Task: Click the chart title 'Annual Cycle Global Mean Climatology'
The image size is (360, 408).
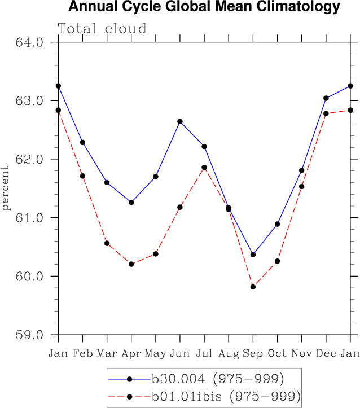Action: [204, 7]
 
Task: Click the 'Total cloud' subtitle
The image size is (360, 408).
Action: [102, 29]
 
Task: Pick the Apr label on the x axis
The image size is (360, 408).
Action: [131, 353]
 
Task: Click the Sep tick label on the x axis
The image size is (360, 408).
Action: [253, 353]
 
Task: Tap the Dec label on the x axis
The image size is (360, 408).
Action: [326, 353]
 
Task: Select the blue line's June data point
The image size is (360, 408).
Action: [180, 121]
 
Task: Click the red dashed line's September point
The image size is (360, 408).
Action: [253, 287]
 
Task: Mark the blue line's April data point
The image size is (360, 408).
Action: [131, 202]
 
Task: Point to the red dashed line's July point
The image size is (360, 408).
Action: [204, 168]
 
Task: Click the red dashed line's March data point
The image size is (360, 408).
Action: [107, 243]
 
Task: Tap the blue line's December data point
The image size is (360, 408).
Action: [326, 98]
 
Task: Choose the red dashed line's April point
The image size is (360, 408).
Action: [131, 264]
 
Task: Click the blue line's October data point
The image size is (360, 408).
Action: [278, 224]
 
